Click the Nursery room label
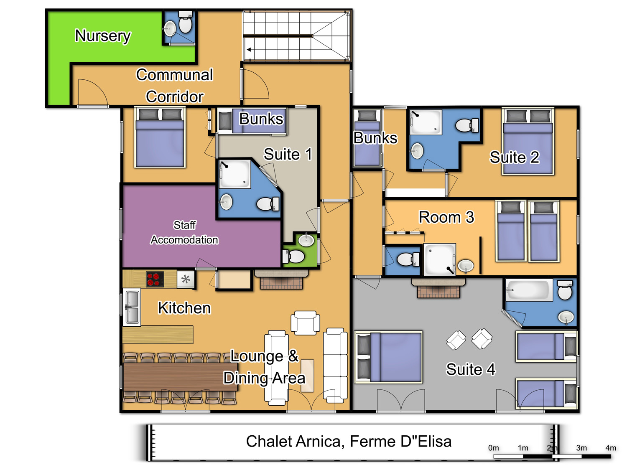pos(102,36)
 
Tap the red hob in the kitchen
pos(155,279)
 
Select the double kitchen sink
pos(132,307)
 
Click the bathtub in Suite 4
pos(529,290)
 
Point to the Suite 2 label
pos(515,157)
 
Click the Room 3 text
pos(446,217)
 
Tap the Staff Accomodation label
pos(184,232)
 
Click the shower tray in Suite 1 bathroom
pos(235,174)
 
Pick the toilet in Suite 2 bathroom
pos(467,125)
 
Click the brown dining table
pos(181,376)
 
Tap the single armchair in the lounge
pos(305,323)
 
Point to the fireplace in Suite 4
pos(438,288)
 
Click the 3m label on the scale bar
pos(581,448)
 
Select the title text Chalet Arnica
pos(293,442)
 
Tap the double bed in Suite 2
pos(528,141)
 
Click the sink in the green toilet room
pos(306,240)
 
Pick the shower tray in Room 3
pos(439,259)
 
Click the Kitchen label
pos(184,308)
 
